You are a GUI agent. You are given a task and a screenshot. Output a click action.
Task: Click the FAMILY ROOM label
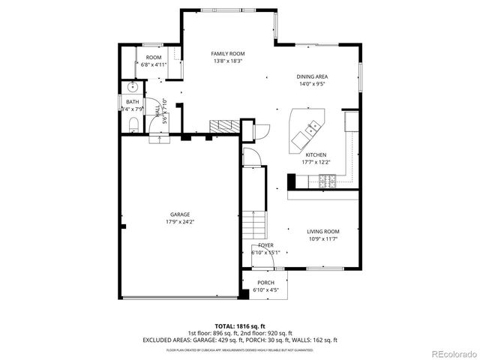coord(227,54)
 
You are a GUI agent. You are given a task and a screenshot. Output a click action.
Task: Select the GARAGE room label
coord(178,214)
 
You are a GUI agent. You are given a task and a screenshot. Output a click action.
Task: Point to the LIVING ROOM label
coord(322,232)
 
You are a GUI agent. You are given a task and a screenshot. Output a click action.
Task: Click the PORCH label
coord(265,283)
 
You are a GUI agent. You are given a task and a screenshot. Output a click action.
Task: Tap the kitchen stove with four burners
coord(328,180)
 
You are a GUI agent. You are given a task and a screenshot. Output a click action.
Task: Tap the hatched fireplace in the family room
coord(222,126)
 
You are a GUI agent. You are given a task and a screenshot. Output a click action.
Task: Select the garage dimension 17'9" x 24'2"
coord(178,222)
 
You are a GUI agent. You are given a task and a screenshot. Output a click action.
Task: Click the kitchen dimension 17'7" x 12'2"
coord(316,162)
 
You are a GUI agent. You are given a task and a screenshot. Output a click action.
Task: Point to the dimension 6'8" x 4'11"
coord(154,65)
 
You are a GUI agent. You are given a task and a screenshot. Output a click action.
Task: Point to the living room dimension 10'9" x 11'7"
coord(322,239)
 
